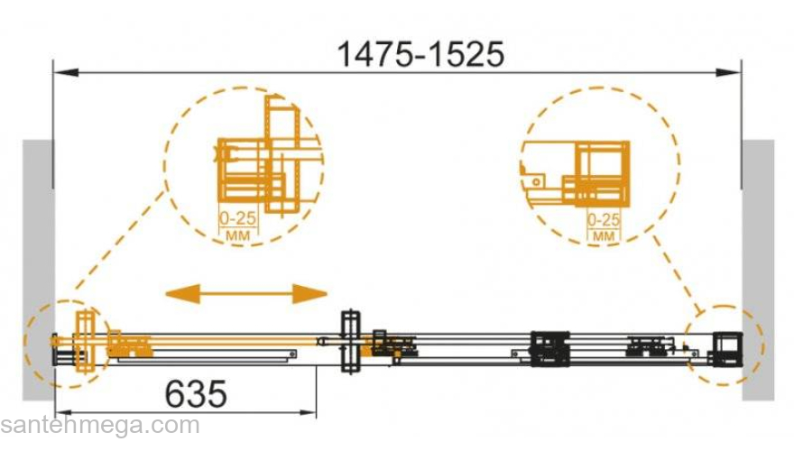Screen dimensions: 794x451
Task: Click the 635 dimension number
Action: tap(196, 394)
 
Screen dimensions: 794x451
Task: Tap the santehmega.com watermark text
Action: tap(100, 426)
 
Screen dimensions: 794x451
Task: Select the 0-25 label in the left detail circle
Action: tap(237, 218)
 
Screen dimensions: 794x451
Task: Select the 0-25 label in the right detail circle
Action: tap(604, 220)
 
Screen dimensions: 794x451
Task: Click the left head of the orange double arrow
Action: tap(183, 293)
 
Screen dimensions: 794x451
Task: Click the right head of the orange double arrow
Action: tap(309, 293)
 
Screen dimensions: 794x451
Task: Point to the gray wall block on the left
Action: tap(38, 270)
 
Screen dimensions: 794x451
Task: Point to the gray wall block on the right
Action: tap(758, 270)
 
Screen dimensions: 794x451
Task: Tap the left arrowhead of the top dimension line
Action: tap(66, 73)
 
